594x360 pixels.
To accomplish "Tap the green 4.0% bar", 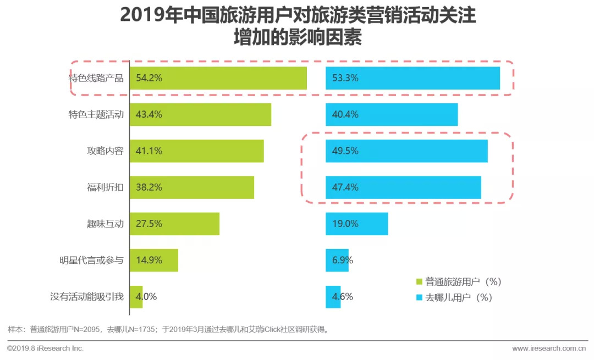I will [136, 297].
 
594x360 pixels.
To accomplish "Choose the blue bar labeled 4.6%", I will [333, 297].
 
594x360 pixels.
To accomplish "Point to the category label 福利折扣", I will [104, 187].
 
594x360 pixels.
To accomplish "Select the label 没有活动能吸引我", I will [87, 297].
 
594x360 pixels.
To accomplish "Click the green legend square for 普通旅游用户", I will [419, 282].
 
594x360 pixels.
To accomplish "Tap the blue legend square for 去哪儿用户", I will [419, 298].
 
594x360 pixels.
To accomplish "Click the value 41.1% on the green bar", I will [149, 151].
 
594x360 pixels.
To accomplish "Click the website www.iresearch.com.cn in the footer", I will [548, 348].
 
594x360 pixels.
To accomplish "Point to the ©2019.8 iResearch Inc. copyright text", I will [45, 348].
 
